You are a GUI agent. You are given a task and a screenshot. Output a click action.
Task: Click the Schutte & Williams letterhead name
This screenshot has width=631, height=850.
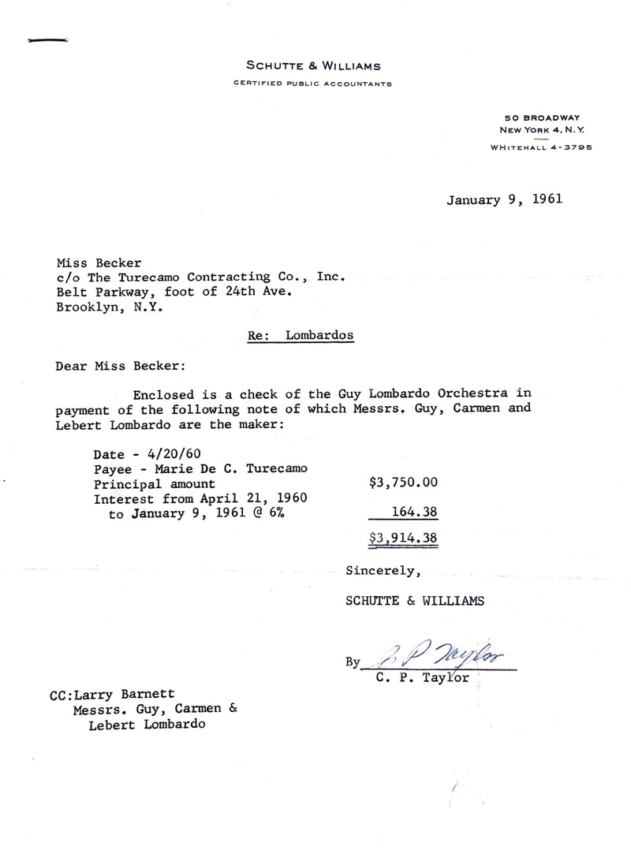click(x=315, y=66)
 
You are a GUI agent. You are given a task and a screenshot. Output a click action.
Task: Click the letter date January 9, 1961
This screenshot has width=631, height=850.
click(x=505, y=199)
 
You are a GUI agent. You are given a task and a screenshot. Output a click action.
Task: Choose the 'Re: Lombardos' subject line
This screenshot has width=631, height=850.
click(x=301, y=335)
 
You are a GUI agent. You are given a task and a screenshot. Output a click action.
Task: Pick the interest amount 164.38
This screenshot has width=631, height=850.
click(x=415, y=513)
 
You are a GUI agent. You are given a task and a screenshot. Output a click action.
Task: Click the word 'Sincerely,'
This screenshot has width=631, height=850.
click(x=378, y=569)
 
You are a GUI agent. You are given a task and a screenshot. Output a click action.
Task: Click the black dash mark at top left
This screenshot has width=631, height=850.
click(x=48, y=39)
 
